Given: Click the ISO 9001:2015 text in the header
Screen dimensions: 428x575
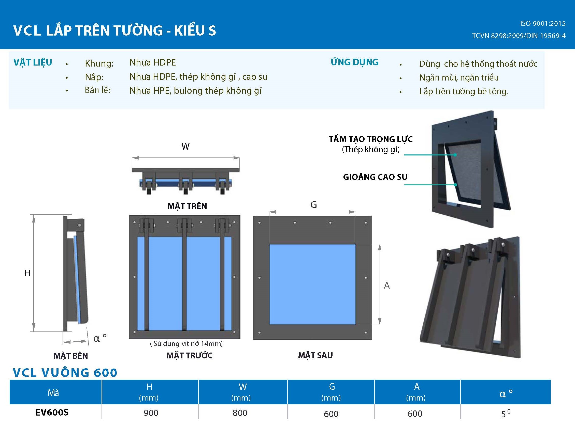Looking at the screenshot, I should coord(543,24).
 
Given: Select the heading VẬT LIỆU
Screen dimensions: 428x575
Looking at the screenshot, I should coord(33,62).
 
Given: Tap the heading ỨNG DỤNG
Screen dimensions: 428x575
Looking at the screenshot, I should coord(354,62).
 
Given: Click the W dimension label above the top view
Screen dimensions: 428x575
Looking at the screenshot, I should coord(185,147).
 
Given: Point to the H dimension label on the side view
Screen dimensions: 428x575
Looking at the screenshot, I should coord(27,273).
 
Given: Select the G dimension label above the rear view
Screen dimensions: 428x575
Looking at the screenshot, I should coord(313,205).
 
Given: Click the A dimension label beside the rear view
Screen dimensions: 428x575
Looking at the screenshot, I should coord(387,285).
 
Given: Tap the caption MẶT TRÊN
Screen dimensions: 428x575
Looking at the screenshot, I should coord(187,206).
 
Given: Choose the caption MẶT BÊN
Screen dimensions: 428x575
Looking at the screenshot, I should coord(70,356).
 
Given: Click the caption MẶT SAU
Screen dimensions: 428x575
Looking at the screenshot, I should coord(315,355).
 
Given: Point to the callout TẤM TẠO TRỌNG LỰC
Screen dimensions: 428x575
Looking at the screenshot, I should coord(370,139).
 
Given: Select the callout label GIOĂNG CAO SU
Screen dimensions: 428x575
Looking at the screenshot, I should coord(375,177).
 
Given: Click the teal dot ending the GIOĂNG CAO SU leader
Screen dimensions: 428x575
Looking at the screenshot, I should coord(455,185).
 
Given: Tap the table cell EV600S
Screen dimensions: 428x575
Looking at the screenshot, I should coord(52,412).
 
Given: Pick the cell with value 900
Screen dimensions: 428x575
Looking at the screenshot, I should coord(151,413).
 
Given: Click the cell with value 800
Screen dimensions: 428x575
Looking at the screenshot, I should coord(240,413).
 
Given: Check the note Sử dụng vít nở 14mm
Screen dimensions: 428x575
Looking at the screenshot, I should coord(186,343).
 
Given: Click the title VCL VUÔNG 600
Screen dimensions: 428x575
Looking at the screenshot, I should coord(65,373).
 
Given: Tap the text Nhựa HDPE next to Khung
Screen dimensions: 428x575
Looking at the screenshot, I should coord(153,62).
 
